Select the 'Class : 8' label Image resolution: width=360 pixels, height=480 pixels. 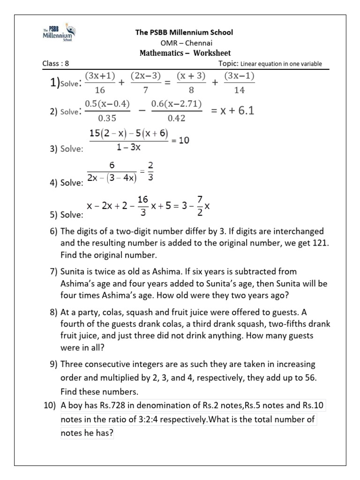click(x=56, y=64)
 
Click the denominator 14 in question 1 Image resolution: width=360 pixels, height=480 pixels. click(x=241, y=90)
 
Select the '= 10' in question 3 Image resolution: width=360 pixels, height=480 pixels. click(x=180, y=140)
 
